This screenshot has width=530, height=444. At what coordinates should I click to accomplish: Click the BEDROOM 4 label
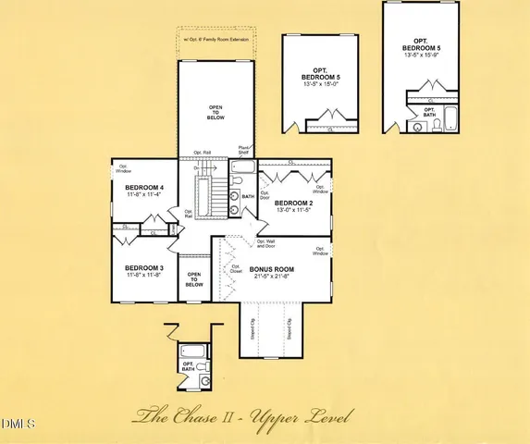(x=143, y=188)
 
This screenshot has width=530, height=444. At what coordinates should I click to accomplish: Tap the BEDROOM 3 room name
(x=143, y=267)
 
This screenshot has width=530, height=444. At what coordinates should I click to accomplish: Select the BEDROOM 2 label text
(x=294, y=203)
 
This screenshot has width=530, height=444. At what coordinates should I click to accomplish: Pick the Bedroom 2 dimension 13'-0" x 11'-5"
(x=294, y=211)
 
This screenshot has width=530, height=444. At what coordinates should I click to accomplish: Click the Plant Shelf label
(x=244, y=150)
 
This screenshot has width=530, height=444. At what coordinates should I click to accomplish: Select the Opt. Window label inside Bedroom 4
(x=123, y=168)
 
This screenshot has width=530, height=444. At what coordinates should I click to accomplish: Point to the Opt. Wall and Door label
(x=266, y=244)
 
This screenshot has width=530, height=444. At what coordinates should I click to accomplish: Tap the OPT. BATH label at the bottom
(x=189, y=366)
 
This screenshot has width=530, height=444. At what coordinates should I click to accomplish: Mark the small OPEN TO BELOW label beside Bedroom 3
(x=194, y=278)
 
